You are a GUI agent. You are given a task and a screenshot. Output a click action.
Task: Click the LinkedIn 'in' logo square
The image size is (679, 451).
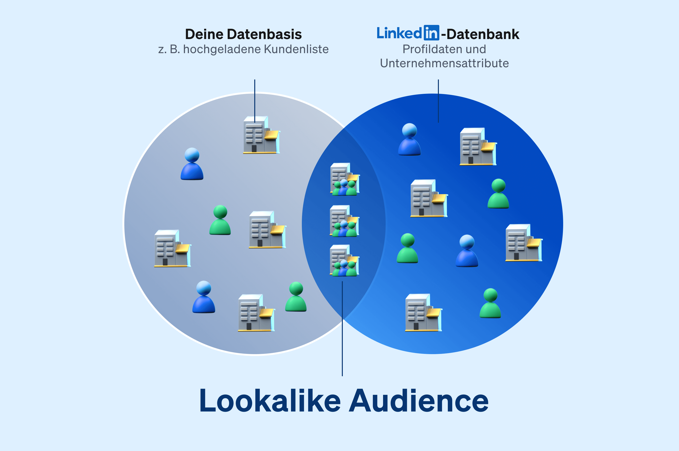[x=431, y=32]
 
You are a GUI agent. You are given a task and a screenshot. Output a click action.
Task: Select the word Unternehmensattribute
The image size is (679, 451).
[x=444, y=63]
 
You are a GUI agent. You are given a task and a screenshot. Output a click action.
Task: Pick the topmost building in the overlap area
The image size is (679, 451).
[x=344, y=179]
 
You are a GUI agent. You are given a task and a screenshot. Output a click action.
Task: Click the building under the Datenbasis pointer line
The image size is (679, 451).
[x=261, y=135]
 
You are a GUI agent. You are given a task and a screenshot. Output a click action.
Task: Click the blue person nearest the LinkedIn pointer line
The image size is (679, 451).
[x=409, y=139]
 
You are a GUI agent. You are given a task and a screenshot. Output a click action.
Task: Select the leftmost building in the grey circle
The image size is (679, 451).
[x=172, y=248]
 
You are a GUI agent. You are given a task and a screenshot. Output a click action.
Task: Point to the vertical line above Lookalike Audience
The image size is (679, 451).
[x=342, y=328]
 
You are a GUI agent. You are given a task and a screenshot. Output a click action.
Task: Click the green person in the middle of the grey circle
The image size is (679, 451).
[x=220, y=220]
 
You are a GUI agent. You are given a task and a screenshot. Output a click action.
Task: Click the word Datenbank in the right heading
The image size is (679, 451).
[x=483, y=34]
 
